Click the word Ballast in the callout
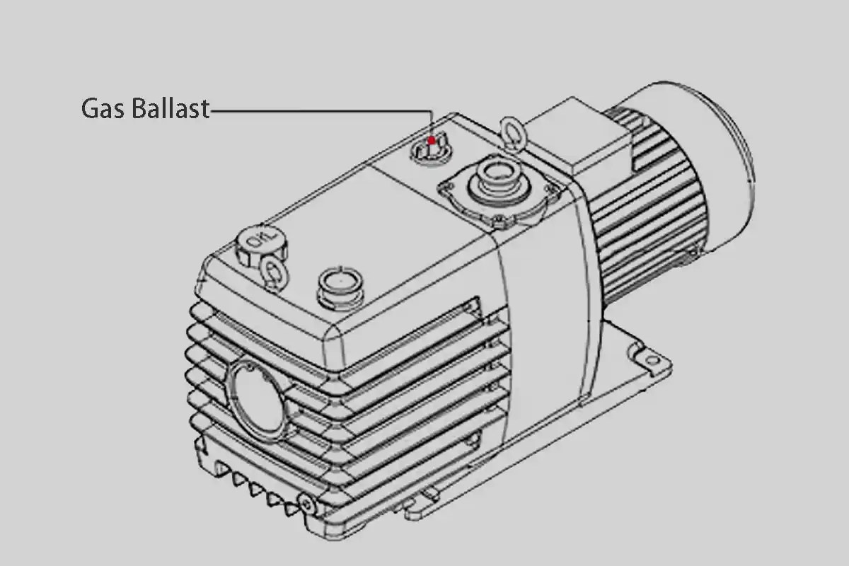[x=171, y=108]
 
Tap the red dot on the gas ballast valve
[x=431, y=140]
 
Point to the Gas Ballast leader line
[x=318, y=110]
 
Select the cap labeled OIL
[x=257, y=245]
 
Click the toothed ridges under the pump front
[x=255, y=485]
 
